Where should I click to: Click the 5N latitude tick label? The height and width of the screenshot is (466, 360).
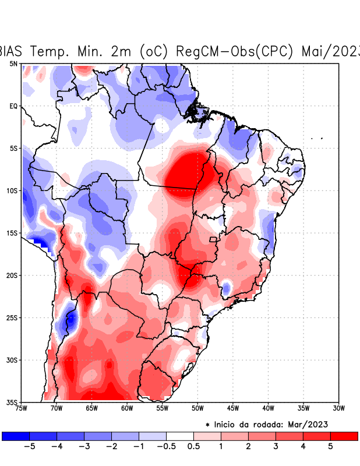(13, 63)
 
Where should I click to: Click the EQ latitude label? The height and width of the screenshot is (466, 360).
(13, 106)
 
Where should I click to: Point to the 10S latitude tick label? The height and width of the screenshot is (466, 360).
(12, 190)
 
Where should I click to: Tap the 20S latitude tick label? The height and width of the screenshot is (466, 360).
(12, 275)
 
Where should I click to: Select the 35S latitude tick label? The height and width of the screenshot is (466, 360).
(12, 402)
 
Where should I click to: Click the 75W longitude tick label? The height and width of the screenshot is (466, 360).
(22, 408)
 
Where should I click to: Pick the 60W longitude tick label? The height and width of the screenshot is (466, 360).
(127, 408)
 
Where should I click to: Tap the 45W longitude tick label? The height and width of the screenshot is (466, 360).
(232, 408)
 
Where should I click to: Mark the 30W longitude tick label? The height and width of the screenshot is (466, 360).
(338, 408)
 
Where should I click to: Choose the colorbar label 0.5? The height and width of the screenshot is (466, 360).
(193, 446)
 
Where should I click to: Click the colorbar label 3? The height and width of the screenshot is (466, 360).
(276, 446)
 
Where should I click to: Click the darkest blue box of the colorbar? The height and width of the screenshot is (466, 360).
(16, 436)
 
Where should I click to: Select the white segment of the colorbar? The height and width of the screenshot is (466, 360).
(180, 436)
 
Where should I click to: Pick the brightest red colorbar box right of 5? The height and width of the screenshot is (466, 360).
(344, 436)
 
